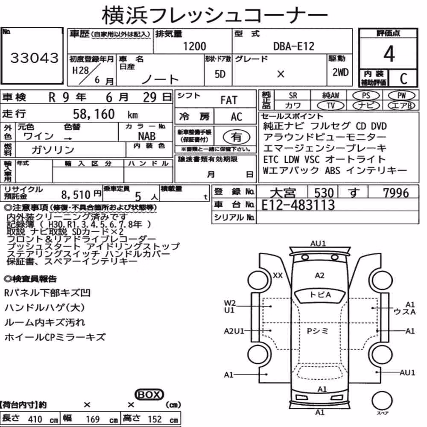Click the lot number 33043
(34, 58)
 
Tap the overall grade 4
(389, 54)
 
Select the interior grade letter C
(404, 79)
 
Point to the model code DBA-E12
(294, 46)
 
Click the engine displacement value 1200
(194, 46)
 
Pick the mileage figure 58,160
(94, 114)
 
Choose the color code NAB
(147, 136)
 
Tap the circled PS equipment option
(366, 96)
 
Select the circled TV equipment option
(330, 105)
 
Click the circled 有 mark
(236, 137)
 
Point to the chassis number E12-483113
(298, 205)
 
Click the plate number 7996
(396, 193)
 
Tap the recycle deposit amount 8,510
(76, 195)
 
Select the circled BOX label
(149, 395)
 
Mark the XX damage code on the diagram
(278, 275)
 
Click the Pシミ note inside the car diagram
(318, 331)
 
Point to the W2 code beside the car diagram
(230, 303)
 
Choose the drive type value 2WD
(340, 72)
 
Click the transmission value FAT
(229, 100)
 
